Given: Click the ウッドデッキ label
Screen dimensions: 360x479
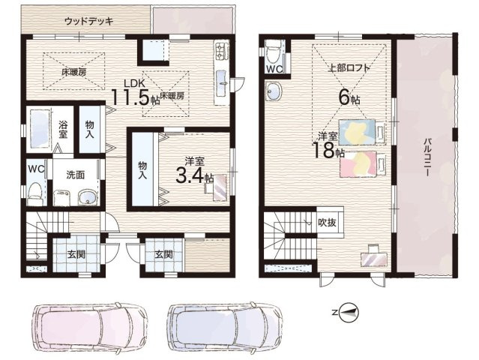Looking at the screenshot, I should click(x=89, y=21).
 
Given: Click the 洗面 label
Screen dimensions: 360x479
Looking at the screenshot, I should click(x=75, y=175).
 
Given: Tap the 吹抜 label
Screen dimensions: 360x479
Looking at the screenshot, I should click(x=326, y=222).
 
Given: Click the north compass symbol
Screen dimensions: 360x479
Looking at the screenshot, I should click(x=350, y=311).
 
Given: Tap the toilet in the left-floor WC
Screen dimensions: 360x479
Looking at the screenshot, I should click(x=33, y=193).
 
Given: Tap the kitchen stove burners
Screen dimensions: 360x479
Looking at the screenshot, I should click(x=222, y=51).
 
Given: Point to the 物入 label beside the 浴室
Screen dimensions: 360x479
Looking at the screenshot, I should click(x=89, y=128).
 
